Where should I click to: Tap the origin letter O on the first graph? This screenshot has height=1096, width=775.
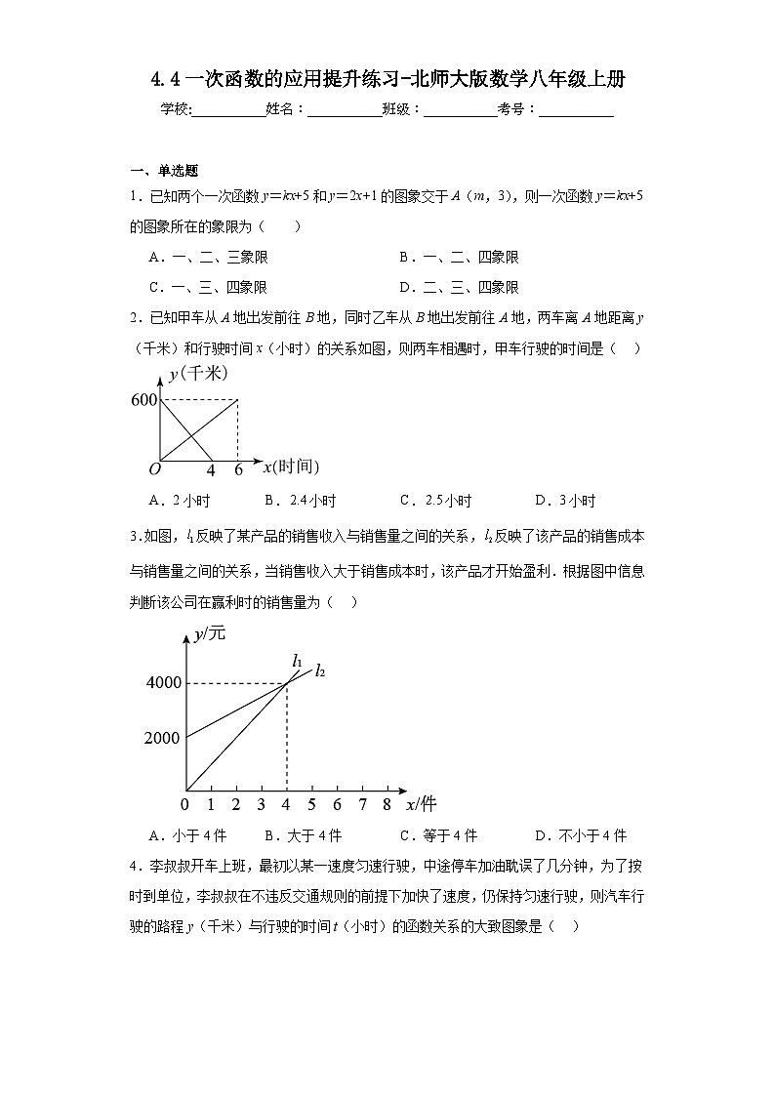(x=153, y=469)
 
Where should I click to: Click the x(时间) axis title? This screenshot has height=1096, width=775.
(x=291, y=467)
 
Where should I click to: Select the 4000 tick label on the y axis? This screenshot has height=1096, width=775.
(x=163, y=682)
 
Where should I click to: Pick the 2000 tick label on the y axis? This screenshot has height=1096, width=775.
(x=162, y=738)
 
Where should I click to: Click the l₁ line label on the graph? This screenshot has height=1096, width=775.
(x=297, y=661)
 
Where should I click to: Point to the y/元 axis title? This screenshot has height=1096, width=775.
(x=209, y=633)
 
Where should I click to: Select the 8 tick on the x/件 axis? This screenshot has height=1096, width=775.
(x=387, y=804)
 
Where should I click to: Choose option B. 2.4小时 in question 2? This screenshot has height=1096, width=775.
(x=300, y=501)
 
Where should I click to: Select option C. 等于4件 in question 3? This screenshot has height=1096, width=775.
(x=438, y=835)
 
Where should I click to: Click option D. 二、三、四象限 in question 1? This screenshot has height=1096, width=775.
(x=459, y=287)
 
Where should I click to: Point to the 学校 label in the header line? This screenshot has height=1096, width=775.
(x=175, y=110)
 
